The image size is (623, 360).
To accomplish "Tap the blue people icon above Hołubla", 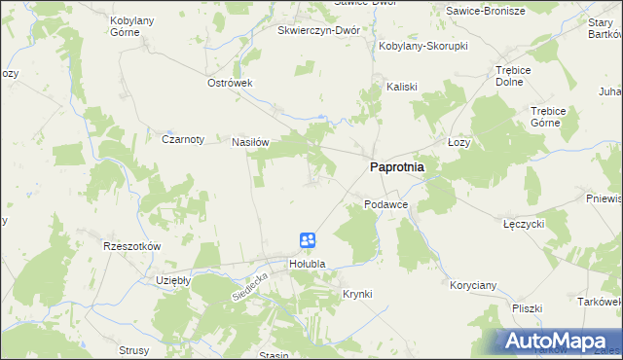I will click(307, 240).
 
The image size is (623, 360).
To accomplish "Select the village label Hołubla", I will click(306, 264).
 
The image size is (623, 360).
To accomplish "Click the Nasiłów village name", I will click(249, 141).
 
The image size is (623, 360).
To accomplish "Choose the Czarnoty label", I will click(182, 139).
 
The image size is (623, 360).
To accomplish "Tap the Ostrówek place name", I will click(230, 83).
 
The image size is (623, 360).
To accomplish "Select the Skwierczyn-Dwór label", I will click(319, 30).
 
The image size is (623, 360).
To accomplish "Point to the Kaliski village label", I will click(402, 86).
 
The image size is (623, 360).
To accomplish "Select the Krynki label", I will click(357, 293).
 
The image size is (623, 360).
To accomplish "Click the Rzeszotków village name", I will click(131, 246).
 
